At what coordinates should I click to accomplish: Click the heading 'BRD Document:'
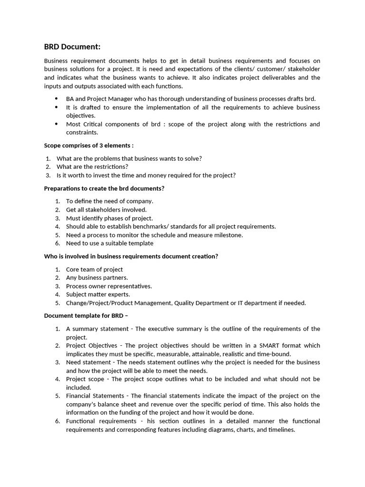click(72, 47)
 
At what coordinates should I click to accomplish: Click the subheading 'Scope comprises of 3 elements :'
click(89, 146)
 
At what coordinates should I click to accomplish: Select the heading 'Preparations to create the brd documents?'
click(104, 188)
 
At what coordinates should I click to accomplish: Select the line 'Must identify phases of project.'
click(109, 218)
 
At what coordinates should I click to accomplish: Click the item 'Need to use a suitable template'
click(110, 243)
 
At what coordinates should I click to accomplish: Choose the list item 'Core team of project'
click(94, 270)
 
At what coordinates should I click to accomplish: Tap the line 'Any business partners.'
click(97, 278)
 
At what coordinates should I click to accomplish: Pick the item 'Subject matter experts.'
click(98, 294)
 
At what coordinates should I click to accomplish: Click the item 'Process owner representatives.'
click(109, 286)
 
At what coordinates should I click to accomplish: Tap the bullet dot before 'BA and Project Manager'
click(57, 99)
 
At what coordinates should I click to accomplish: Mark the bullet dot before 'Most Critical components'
click(57, 124)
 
